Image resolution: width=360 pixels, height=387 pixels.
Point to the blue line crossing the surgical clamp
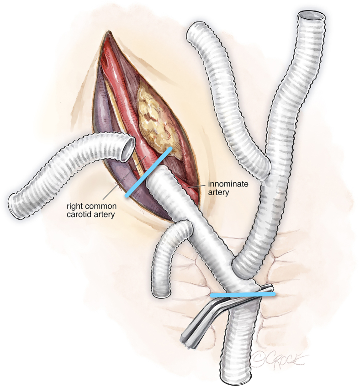click(x=243, y=295)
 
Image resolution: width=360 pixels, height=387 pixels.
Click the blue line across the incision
click(x=149, y=172)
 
